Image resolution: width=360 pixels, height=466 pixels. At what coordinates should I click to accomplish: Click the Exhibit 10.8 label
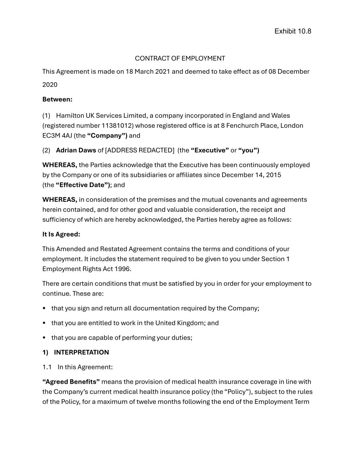click(x=293, y=31)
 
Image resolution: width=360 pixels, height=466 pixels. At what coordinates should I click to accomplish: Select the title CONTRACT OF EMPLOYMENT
click(x=180, y=58)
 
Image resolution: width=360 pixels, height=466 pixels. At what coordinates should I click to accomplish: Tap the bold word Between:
click(x=57, y=99)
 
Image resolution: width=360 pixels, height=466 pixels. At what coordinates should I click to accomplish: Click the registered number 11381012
click(x=117, y=126)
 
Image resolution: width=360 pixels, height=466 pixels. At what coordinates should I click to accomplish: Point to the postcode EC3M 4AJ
click(x=57, y=136)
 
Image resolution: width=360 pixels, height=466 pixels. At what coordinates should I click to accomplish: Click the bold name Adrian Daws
click(x=76, y=150)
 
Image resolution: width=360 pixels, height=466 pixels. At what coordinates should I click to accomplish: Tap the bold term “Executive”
click(x=210, y=150)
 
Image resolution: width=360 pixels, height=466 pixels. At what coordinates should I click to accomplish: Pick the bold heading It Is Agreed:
click(x=61, y=234)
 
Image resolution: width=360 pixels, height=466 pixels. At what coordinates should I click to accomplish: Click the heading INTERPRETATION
click(x=81, y=352)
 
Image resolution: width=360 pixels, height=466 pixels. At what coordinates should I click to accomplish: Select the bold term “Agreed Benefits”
click(x=71, y=382)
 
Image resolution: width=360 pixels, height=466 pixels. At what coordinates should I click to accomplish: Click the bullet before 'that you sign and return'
click(x=44, y=309)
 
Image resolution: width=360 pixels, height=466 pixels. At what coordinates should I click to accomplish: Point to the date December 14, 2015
click(x=251, y=175)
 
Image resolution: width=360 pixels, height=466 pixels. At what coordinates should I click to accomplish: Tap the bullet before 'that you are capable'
click(x=44, y=338)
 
